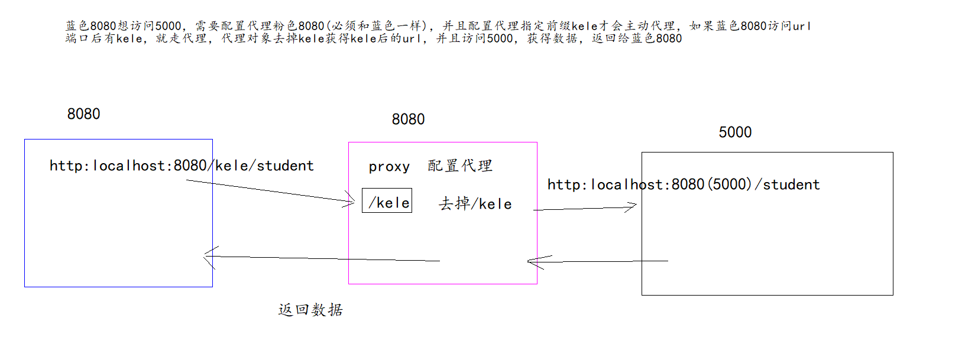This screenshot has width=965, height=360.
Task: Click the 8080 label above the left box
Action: (83, 113)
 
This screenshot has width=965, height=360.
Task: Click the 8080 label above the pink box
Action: (408, 119)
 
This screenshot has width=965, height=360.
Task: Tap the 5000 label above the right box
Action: (735, 132)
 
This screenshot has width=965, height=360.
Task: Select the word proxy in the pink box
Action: (389, 167)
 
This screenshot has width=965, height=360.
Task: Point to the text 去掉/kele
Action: (475, 204)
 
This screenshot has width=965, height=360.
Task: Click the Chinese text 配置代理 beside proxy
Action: (460, 166)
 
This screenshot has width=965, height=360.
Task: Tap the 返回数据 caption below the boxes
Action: (310, 310)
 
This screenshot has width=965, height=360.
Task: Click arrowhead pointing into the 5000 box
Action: (632, 206)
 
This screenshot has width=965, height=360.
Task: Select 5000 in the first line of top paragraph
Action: (168, 26)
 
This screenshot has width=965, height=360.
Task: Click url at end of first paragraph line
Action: (801, 26)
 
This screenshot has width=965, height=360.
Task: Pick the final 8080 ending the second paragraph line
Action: (669, 38)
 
